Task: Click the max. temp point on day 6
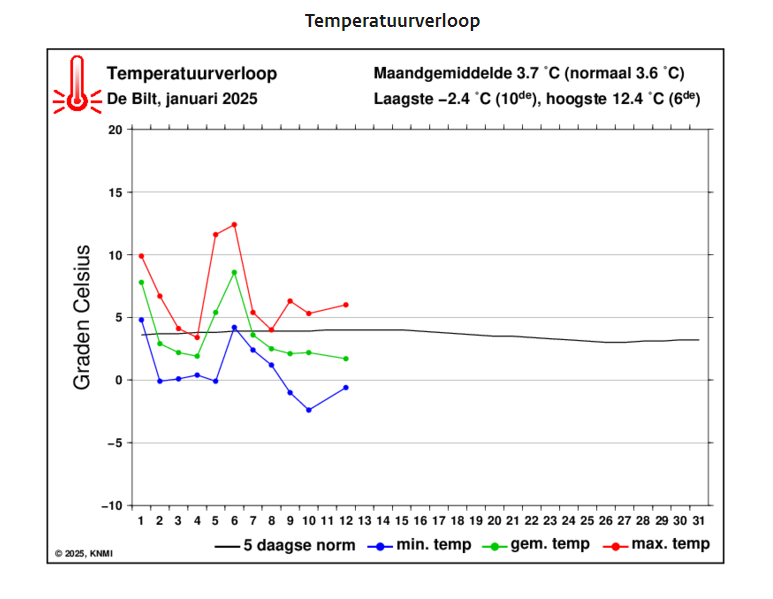pos(234,224)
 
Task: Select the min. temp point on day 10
pos(308,410)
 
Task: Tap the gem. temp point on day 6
pos(234,272)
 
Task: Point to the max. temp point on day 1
pos(141,256)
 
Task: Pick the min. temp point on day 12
pos(346,387)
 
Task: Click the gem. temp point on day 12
pos(346,359)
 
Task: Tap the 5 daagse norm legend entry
pos(284,544)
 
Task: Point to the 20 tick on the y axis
pos(115,130)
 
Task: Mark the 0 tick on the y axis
pos(118,380)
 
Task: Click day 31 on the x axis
pos(698,521)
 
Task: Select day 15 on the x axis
pos(401,521)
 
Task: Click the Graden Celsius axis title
pos(84,318)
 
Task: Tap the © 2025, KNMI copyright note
pos(84,552)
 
